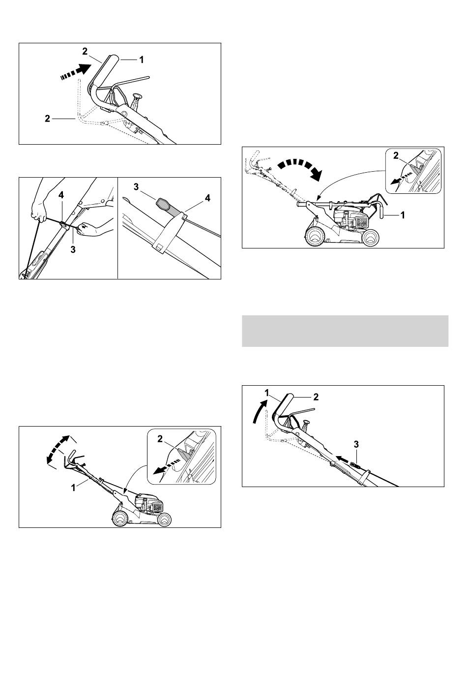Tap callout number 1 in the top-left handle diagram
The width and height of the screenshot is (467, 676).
tap(141, 60)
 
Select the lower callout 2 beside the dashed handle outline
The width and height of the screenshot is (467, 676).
tap(47, 119)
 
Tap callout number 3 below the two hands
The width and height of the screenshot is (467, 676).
tap(73, 249)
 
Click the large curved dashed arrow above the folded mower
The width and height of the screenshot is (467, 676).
tap(300, 169)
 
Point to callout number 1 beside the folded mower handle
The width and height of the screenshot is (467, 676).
tap(403, 215)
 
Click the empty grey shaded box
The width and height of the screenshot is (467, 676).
tap(345, 331)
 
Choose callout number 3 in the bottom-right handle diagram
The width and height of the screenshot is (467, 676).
tap(356, 444)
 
